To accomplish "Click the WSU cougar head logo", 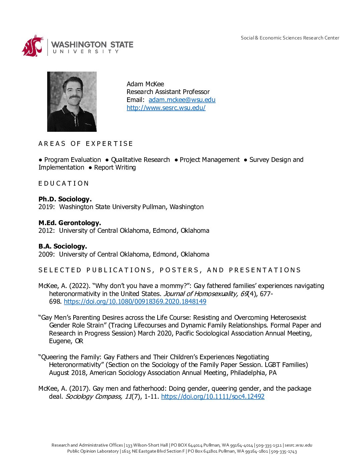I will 33,45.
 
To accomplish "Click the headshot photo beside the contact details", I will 72,101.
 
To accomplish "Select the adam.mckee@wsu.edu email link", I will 182,100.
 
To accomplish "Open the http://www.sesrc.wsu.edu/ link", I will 166,108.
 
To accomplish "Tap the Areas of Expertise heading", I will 86,144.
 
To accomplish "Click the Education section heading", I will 64,183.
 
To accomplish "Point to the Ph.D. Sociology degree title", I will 65,199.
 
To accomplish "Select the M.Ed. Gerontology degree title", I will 70,223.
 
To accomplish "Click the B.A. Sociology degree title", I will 63,246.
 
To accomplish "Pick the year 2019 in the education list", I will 46,207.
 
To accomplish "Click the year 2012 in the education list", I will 46,231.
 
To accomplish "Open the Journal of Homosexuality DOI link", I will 135,301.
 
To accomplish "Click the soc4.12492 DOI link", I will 213,396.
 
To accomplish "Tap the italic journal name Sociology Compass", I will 93,396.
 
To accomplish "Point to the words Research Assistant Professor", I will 168,92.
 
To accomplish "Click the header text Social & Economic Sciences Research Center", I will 290,38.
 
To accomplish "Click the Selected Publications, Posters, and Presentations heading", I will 170,270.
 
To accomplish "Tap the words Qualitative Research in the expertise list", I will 140,160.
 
